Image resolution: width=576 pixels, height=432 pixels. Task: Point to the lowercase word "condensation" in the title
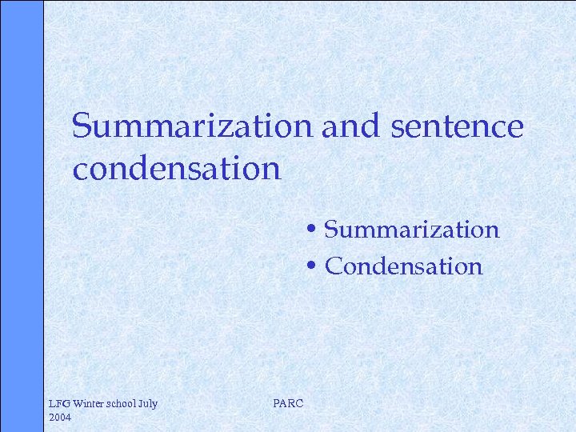(176, 169)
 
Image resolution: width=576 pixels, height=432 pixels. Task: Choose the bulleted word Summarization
(412, 230)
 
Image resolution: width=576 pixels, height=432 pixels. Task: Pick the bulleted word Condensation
(404, 266)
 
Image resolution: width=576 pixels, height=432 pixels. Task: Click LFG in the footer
(60, 404)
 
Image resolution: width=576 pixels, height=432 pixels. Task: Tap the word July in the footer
(149, 404)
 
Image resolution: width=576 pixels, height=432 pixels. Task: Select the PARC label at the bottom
(288, 404)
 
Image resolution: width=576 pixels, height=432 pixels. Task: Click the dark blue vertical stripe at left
(21, 216)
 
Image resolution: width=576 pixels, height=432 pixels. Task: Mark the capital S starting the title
(80, 126)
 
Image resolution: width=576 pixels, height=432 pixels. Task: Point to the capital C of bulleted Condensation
(334, 266)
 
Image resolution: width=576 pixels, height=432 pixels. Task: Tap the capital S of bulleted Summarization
(333, 230)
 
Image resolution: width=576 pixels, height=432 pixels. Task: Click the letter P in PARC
(277, 404)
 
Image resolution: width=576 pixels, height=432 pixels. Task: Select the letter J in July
(142, 404)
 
